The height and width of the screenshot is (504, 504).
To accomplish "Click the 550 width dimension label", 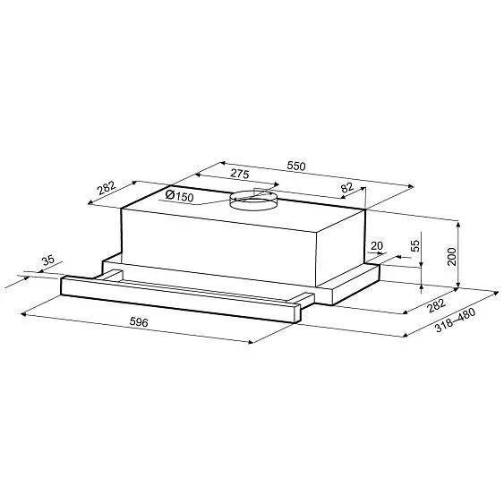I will click(x=295, y=166).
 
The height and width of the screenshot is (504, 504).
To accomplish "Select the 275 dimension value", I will click(x=239, y=176).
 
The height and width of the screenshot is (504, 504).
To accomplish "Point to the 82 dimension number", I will click(x=348, y=189).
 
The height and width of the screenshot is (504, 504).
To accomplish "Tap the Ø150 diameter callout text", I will click(x=180, y=196).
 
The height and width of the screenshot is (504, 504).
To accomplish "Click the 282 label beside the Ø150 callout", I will click(x=106, y=189).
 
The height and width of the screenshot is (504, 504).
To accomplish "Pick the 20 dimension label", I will click(x=376, y=246).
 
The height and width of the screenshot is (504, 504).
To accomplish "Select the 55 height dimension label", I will click(x=414, y=245).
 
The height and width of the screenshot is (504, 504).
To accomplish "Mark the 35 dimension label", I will click(x=48, y=261).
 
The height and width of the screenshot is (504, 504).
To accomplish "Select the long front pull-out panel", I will click(x=179, y=296).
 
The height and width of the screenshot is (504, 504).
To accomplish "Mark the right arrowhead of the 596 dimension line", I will click(x=253, y=342).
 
